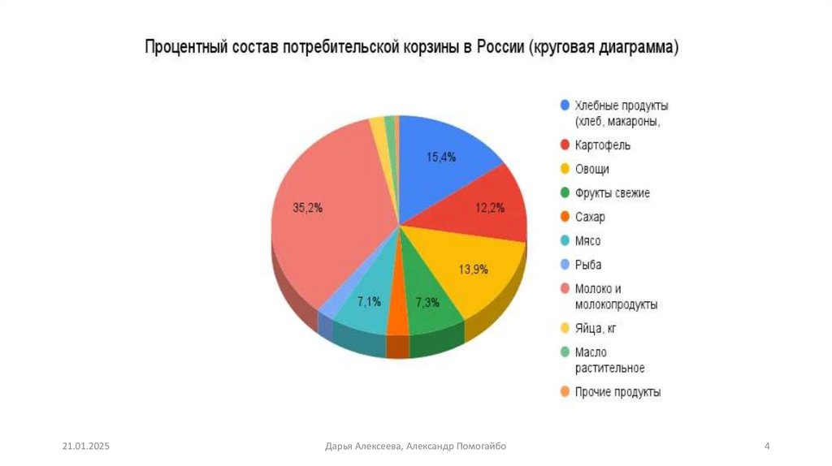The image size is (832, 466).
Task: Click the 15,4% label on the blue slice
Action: tap(441, 157)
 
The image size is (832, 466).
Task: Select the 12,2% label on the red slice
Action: tap(490, 207)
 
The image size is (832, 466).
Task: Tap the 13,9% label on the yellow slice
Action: tap(473, 269)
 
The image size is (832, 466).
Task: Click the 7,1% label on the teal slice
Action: tap(369, 302)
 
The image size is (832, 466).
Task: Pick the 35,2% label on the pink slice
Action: tap(308, 207)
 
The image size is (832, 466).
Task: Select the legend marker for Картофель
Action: tap(565, 145)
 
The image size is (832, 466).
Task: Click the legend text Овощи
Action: tap(591, 169)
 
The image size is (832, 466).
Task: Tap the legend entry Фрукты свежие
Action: tap(612, 193)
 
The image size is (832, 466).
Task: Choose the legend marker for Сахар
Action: tap(565, 217)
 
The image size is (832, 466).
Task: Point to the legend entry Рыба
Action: tap(588, 265)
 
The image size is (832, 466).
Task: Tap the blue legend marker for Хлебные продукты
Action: tap(565, 106)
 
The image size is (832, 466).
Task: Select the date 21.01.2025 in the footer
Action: tap(85, 446)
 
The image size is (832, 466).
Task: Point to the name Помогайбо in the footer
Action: tap(482, 446)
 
